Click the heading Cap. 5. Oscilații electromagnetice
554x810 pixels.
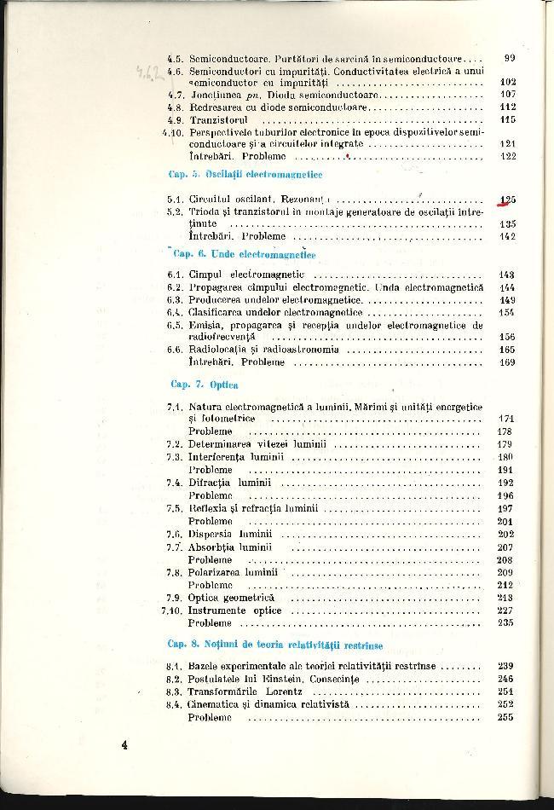(x=245, y=174)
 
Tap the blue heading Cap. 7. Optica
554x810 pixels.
(x=204, y=385)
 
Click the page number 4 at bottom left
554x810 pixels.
(x=124, y=745)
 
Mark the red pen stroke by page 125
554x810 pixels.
(x=506, y=203)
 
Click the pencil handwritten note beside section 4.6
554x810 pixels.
(x=152, y=77)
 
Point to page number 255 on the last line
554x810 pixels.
(x=506, y=717)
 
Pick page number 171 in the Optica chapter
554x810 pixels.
(x=506, y=419)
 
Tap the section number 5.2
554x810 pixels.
(x=175, y=211)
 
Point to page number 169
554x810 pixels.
(x=506, y=362)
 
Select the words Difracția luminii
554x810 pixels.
(x=229, y=482)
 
